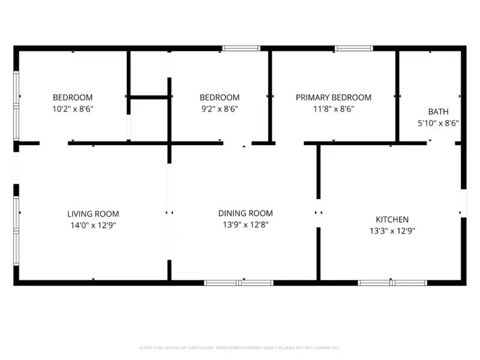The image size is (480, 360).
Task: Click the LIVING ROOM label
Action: pyautogui.click(x=92, y=214)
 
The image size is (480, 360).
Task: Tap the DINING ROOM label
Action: pyautogui.click(x=245, y=213)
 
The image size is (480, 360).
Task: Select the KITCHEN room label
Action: pyautogui.click(x=392, y=220)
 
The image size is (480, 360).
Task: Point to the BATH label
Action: pyautogui.click(x=437, y=112)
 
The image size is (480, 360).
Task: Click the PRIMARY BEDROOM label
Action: pyautogui.click(x=334, y=97)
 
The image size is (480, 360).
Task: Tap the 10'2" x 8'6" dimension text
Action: pyautogui.click(x=73, y=109)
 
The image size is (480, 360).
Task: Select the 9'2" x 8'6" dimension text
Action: pyautogui.click(x=220, y=109)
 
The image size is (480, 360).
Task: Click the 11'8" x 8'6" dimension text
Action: pyautogui.click(x=334, y=109)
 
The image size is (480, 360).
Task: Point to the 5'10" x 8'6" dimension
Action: pyautogui.click(x=437, y=123)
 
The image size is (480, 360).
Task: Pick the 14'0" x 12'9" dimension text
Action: pyautogui.click(x=92, y=226)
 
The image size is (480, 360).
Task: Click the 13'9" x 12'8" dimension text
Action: pyautogui.click(x=245, y=225)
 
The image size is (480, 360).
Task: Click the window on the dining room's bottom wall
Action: pyautogui.click(x=239, y=282)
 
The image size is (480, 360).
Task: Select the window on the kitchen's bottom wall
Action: pyautogui.click(x=392, y=282)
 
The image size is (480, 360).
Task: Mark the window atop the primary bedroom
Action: pyautogui.click(x=353, y=48)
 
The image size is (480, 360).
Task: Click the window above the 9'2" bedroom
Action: pyautogui.click(x=241, y=48)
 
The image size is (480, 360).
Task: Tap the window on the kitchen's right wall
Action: pyautogui.click(x=463, y=203)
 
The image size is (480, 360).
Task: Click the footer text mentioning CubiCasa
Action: pyautogui.click(x=240, y=347)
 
